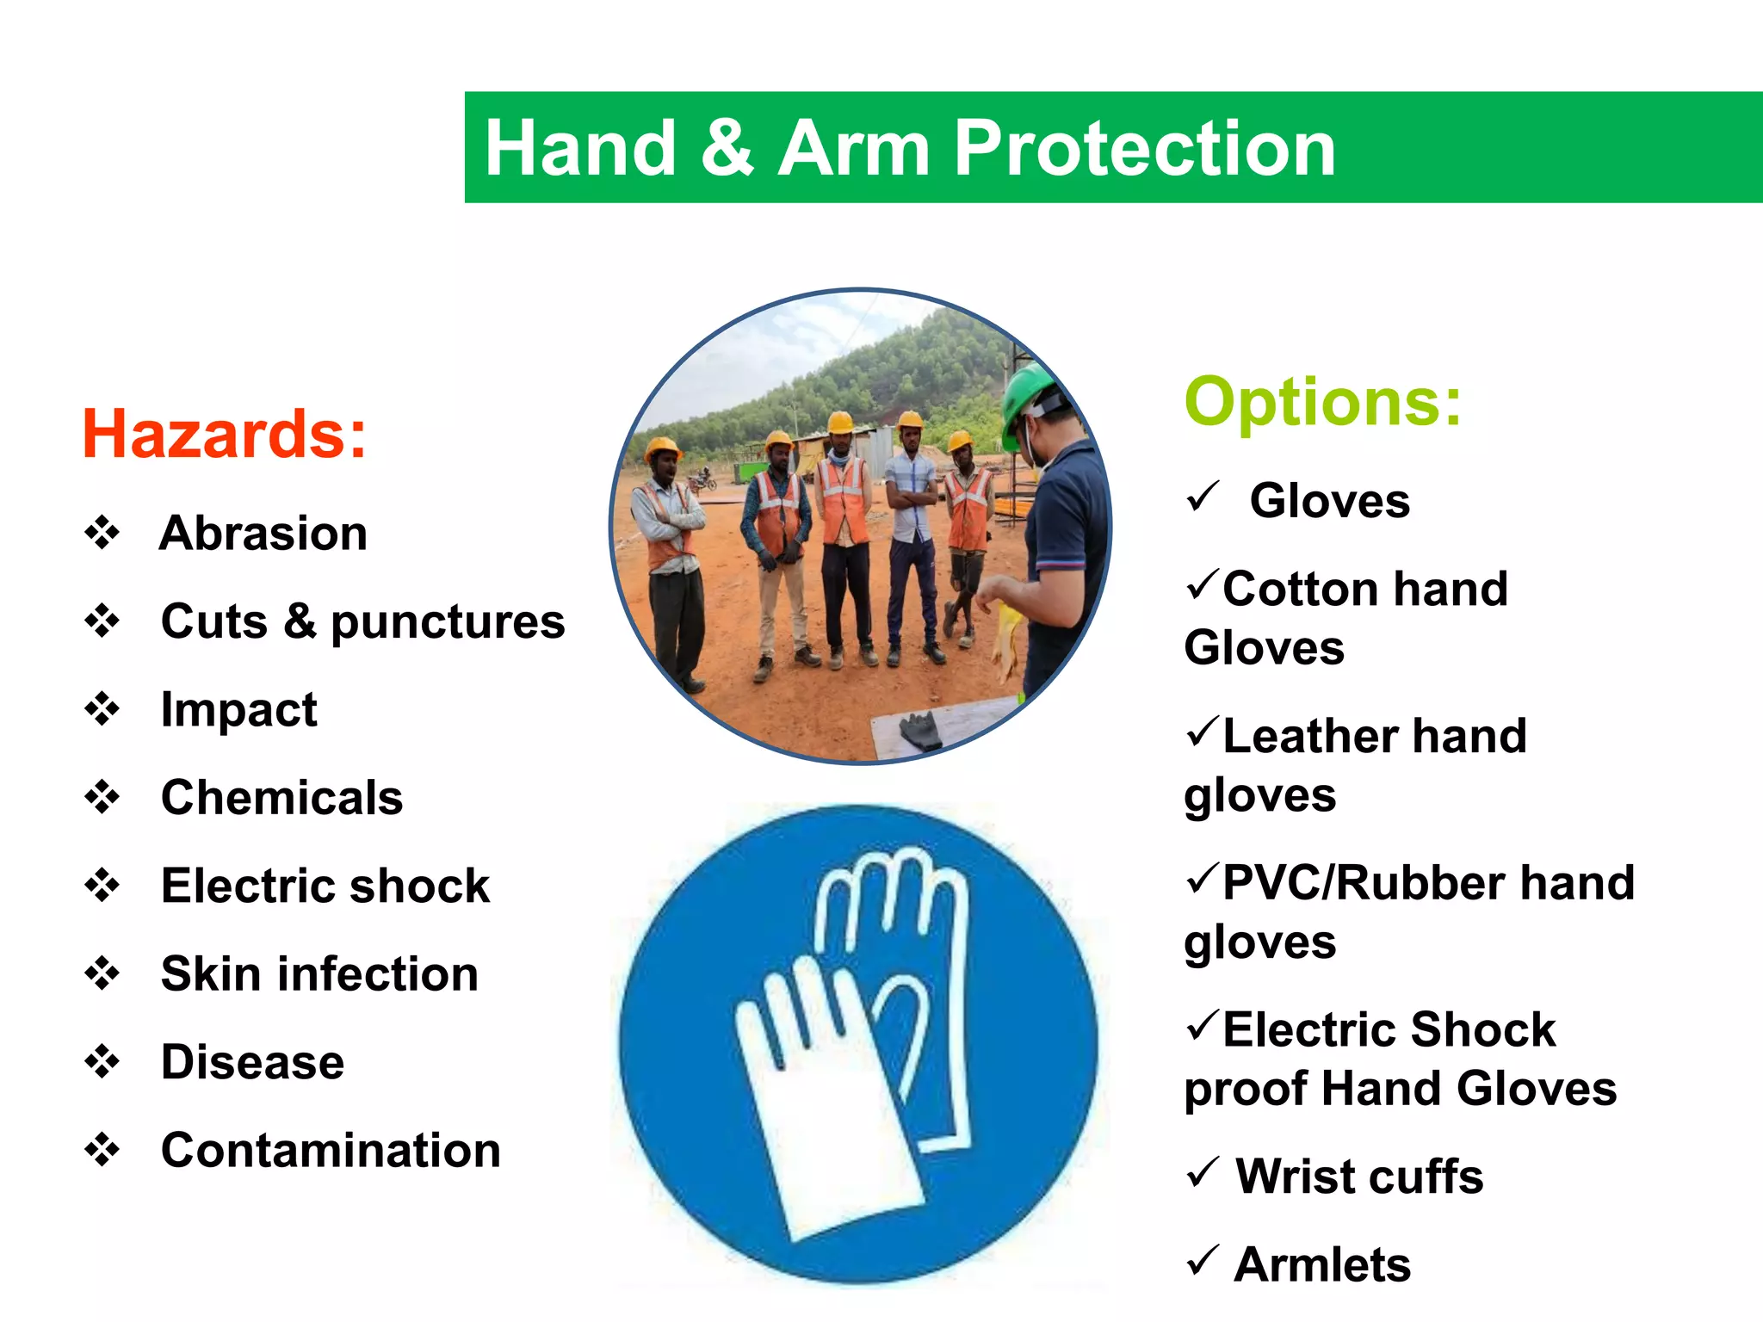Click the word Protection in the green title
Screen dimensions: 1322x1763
point(1145,148)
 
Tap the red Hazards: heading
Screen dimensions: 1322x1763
point(224,434)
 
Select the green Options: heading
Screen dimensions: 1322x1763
point(1323,401)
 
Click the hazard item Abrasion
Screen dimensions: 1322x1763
point(263,533)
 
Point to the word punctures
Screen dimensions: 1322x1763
point(448,621)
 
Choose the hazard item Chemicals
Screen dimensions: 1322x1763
point(281,797)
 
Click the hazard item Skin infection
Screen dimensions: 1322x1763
point(319,973)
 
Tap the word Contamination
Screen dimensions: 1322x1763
point(331,1150)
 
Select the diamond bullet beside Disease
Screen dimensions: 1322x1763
point(102,1061)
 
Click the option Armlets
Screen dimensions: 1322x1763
point(1322,1264)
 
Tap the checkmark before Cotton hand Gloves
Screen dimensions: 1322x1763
point(1202,585)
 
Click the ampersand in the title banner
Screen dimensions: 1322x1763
point(727,148)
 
